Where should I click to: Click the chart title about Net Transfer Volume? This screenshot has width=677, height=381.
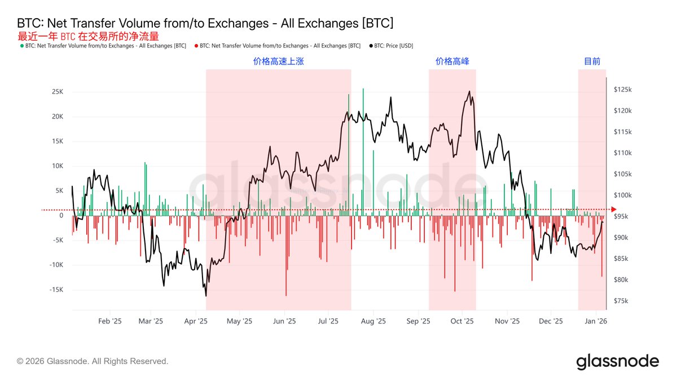(x=205, y=23)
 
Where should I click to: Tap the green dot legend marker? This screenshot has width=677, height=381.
(x=22, y=46)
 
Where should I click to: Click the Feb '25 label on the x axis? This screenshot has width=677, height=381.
(x=110, y=321)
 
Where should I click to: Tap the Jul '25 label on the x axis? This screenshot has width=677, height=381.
(x=328, y=321)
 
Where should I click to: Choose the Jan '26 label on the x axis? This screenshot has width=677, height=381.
(x=595, y=321)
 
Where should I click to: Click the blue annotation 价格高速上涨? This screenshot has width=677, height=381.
(x=278, y=62)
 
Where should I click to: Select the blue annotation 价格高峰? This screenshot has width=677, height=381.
(x=452, y=62)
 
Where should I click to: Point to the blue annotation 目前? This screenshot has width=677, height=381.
(x=592, y=62)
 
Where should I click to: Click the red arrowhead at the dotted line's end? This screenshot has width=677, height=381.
(x=614, y=210)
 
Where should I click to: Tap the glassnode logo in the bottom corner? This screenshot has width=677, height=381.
(x=617, y=361)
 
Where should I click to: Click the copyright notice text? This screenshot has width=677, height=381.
(x=93, y=361)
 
